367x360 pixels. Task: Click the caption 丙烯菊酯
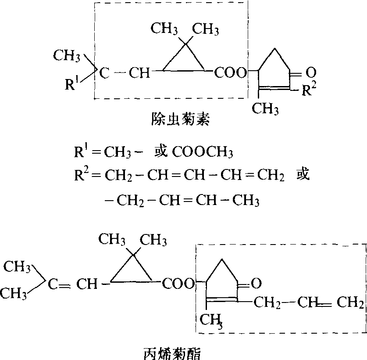(172, 351)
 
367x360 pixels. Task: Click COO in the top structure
(230, 73)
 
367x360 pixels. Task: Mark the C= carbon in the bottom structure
(52, 284)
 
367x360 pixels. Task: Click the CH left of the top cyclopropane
(139, 73)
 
